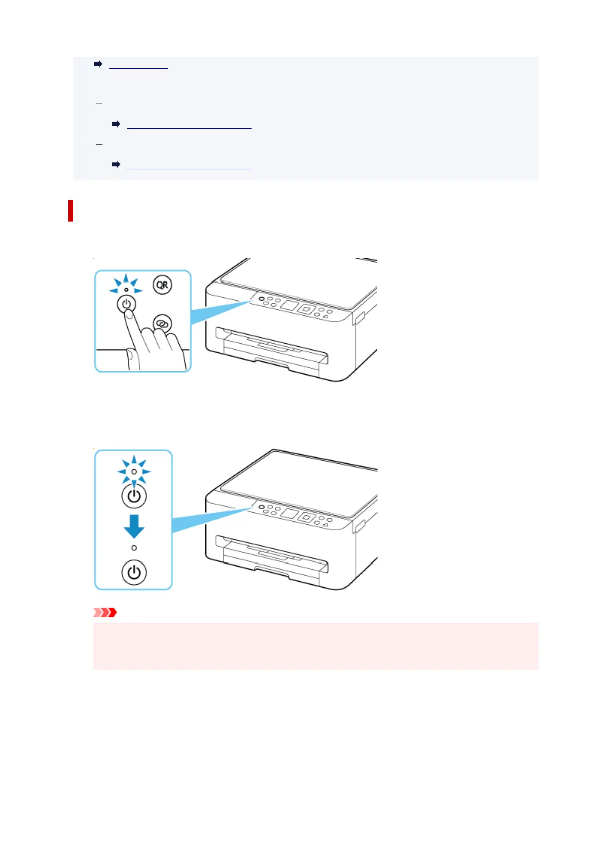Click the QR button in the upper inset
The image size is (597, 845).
[x=162, y=285]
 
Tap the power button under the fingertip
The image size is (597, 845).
[x=126, y=304]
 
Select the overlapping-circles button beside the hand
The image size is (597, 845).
[x=162, y=324]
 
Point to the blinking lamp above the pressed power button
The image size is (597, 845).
[x=126, y=290]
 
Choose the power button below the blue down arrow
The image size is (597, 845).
[x=134, y=573]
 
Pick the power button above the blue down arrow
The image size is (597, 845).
[x=134, y=496]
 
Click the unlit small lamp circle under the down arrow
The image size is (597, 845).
[x=134, y=548]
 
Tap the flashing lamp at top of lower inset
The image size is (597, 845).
[x=134, y=472]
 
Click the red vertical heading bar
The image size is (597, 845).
[x=71, y=211]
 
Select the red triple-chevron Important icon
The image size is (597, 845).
[x=105, y=612]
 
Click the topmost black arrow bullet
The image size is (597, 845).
[x=98, y=64]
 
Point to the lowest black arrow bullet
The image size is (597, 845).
[x=116, y=164]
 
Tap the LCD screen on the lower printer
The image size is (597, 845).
[x=290, y=513]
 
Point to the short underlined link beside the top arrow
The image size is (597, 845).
[x=138, y=65]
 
